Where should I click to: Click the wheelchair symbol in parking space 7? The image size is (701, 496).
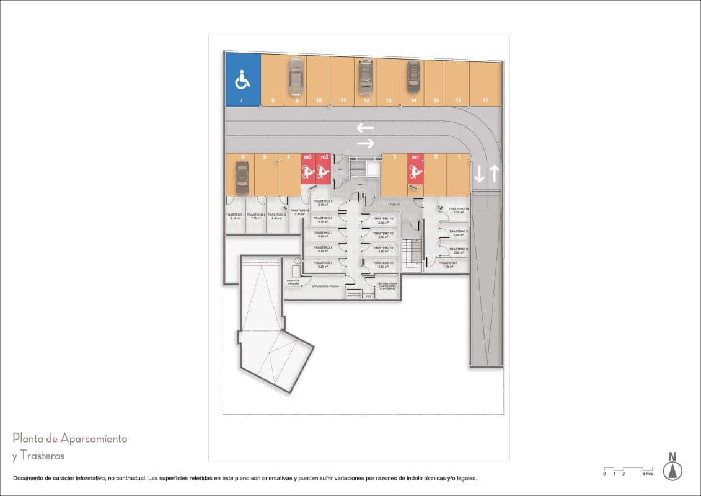pyautogui.click(x=242, y=80)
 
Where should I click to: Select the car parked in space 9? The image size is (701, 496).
pyautogui.click(x=296, y=77)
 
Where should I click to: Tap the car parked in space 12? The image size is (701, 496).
pyautogui.click(x=366, y=77)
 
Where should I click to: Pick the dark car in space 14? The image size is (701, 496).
pyautogui.click(x=413, y=77)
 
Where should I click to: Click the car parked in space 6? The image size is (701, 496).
pyautogui.click(x=241, y=177)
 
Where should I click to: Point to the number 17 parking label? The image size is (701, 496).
pyautogui.click(x=485, y=100)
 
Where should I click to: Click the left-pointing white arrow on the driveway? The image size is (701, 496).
pyautogui.click(x=365, y=128)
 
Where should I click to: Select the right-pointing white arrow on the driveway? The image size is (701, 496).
pyautogui.click(x=365, y=143)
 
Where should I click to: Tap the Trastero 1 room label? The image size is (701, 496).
pyautogui.click(x=235, y=216)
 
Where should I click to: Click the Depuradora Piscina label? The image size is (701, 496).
pyautogui.click(x=325, y=286)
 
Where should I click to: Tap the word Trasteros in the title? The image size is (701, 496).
pyautogui.click(x=43, y=456)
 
